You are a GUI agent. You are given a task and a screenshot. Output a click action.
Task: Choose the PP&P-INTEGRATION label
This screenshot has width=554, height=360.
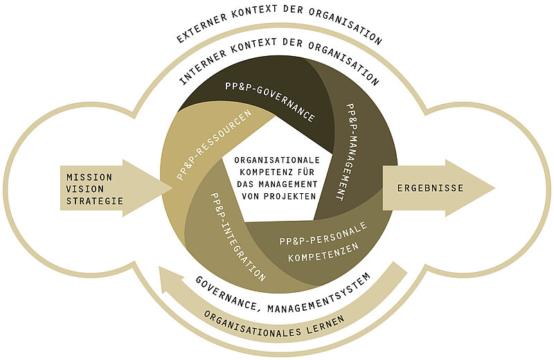[x=236, y=235]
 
